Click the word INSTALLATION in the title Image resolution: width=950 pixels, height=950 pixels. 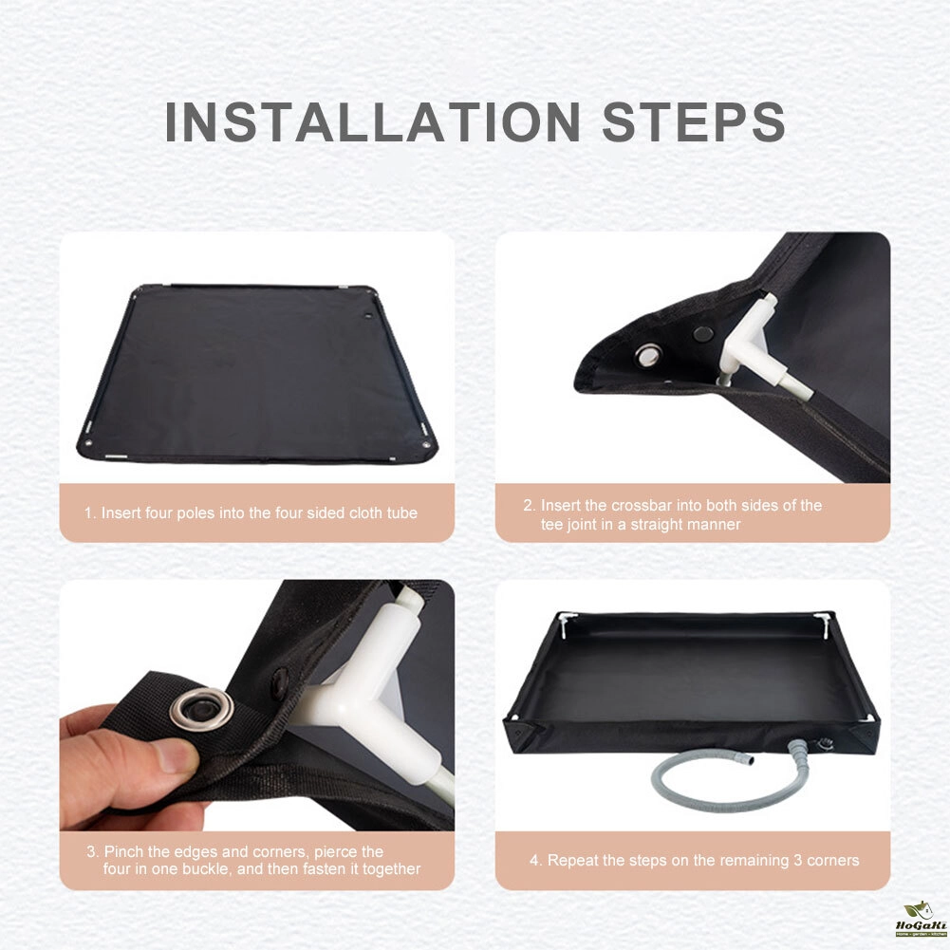click(x=373, y=121)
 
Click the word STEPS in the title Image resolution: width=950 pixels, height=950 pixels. click(x=694, y=121)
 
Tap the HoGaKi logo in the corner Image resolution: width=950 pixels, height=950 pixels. click(x=921, y=919)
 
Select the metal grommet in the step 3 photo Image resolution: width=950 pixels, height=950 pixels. click(x=202, y=708)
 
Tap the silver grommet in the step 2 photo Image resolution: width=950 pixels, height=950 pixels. click(x=649, y=354)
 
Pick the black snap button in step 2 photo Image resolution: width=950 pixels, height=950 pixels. click(x=703, y=333)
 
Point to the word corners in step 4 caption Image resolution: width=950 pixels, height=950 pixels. click(x=833, y=861)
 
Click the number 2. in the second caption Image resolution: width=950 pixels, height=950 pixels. click(x=529, y=505)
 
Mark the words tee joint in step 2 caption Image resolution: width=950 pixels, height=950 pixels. click(x=574, y=525)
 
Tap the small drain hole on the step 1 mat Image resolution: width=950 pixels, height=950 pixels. click(x=368, y=316)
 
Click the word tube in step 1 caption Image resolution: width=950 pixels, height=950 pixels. click(x=402, y=513)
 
